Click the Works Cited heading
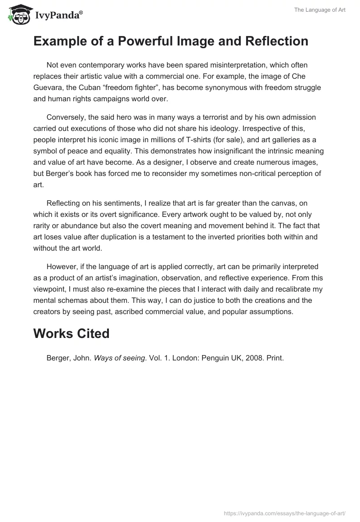[x=71, y=333]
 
